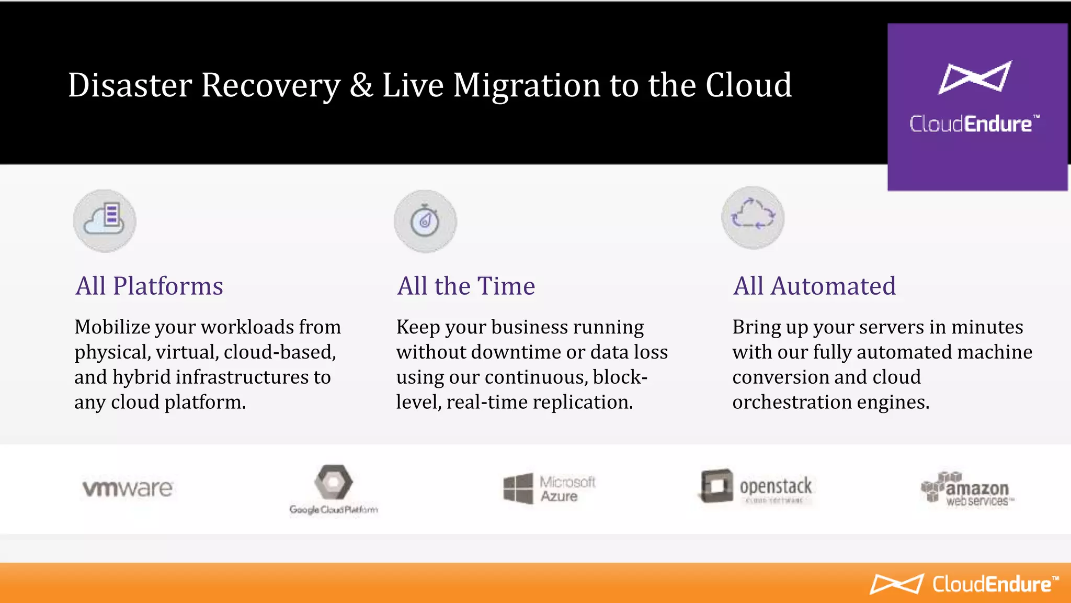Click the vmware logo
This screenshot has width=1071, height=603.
coord(128,488)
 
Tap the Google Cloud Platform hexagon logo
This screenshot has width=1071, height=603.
coord(334,482)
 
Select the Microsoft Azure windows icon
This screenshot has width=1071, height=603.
coord(518,489)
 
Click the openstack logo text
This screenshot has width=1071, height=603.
coord(776,486)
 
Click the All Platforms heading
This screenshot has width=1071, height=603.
coord(149,286)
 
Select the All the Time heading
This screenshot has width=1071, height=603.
coord(465,286)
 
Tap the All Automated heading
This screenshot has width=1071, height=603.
coord(814,286)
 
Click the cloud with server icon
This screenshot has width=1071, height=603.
coord(105,220)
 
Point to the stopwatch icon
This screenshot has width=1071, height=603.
coord(425,221)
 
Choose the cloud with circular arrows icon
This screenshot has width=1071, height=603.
coord(753,217)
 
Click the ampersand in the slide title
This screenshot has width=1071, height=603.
coord(361,85)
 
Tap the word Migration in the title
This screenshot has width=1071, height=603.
coord(527,85)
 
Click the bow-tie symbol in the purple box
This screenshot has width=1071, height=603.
coord(975,77)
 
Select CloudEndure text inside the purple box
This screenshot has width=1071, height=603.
coord(974,124)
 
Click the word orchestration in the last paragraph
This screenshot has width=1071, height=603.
coord(791,403)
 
